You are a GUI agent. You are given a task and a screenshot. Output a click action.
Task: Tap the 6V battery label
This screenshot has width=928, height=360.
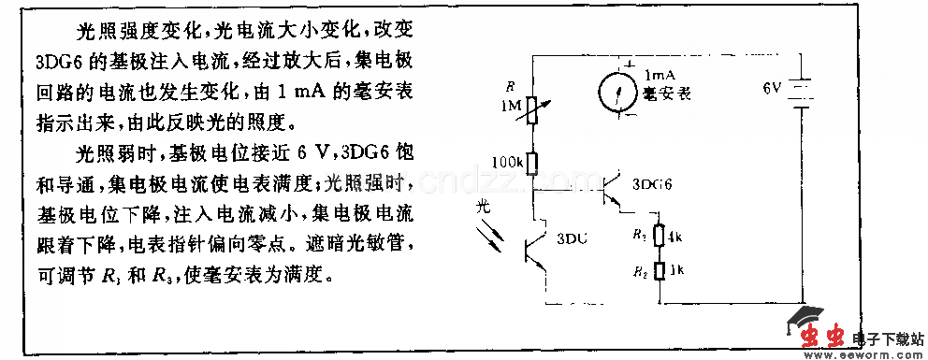(x=772, y=90)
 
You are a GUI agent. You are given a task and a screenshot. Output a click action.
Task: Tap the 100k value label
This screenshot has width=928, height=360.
(x=506, y=163)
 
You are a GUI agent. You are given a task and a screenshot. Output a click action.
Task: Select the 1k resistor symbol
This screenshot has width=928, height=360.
(x=661, y=270)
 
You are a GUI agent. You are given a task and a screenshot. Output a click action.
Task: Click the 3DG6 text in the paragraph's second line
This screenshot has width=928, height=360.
(x=55, y=63)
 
